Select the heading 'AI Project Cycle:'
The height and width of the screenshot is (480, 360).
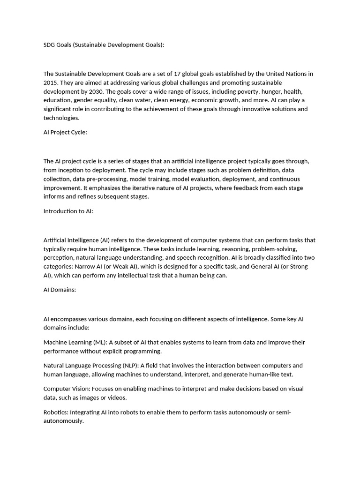65,132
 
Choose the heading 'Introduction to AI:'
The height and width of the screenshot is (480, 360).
68,211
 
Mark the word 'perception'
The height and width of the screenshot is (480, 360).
59,258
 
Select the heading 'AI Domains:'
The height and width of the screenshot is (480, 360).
60,290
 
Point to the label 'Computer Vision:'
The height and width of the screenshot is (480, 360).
67,389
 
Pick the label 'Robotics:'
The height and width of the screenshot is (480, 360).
56,412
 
